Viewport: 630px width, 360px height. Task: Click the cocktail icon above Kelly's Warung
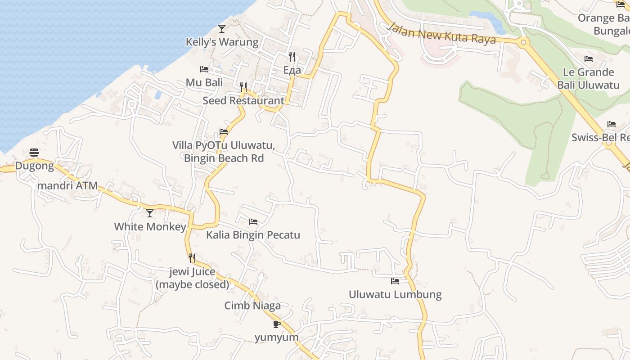[221, 29]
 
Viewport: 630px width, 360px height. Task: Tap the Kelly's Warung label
[222, 42]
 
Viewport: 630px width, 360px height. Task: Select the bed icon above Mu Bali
[204, 69]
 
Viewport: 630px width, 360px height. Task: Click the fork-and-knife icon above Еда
[292, 57]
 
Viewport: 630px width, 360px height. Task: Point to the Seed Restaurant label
[243, 101]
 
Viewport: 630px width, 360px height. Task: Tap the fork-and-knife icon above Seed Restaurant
[243, 87]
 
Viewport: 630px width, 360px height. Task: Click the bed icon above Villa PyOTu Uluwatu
[224, 132]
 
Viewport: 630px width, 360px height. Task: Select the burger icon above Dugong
[34, 153]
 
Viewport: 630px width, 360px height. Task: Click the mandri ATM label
[67, 186]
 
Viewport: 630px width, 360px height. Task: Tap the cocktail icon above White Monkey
[150, 213]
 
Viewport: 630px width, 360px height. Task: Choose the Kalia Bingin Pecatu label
[253, 235]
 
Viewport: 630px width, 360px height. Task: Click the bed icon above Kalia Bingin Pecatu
[253, 222]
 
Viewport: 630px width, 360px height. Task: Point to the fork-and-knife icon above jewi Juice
[192, 258]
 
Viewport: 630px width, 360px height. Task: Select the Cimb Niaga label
[252, 306]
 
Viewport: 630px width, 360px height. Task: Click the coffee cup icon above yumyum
[277, 324]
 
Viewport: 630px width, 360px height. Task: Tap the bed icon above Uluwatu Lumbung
[395, 281]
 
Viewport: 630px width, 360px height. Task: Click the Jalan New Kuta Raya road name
[441, 34]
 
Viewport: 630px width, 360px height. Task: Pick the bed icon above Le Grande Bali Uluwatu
[588, 59]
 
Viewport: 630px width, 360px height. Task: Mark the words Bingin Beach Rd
[224, 158]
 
